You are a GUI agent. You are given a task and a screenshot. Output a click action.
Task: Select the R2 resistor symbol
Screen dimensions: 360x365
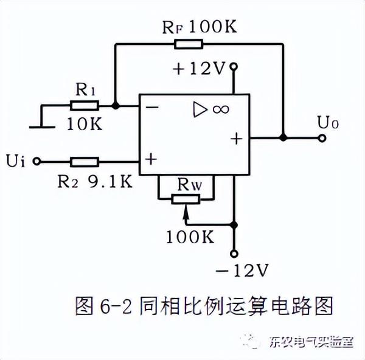(84, 161)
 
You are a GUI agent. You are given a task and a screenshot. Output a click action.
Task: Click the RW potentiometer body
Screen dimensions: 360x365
(186, 198)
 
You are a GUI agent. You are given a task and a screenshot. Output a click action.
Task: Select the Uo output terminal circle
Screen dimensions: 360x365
(322, 137)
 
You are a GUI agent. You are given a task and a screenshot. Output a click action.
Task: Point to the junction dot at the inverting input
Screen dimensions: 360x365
(116, 105)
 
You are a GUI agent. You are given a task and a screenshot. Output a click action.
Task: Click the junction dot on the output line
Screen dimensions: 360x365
(282, 137)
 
